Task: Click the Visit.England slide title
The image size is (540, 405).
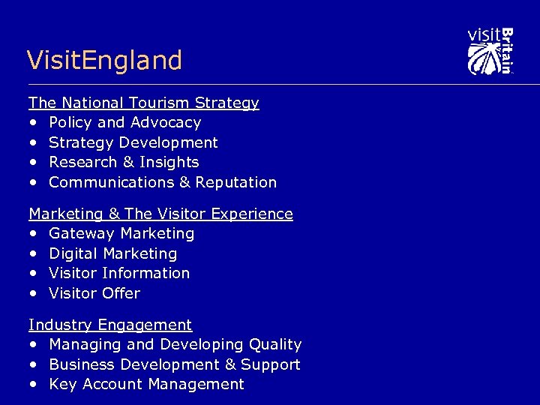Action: click(104, 60)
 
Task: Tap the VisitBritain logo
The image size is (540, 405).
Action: click(490, 51)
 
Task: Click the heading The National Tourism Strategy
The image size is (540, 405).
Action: click(143, 103)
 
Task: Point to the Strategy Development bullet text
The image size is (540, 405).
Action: click(133, 142)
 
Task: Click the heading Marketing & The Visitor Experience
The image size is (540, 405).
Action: click(160, 214)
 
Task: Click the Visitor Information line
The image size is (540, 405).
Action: click(119, 273)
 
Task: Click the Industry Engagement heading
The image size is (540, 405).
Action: click(110, 325)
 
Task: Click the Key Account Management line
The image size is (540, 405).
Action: click(146, 385)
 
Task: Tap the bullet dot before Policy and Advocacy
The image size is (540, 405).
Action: click(33, 123)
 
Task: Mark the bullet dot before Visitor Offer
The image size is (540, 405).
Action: click(33, 294)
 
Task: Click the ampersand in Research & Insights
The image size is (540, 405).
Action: click(124, 162)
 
